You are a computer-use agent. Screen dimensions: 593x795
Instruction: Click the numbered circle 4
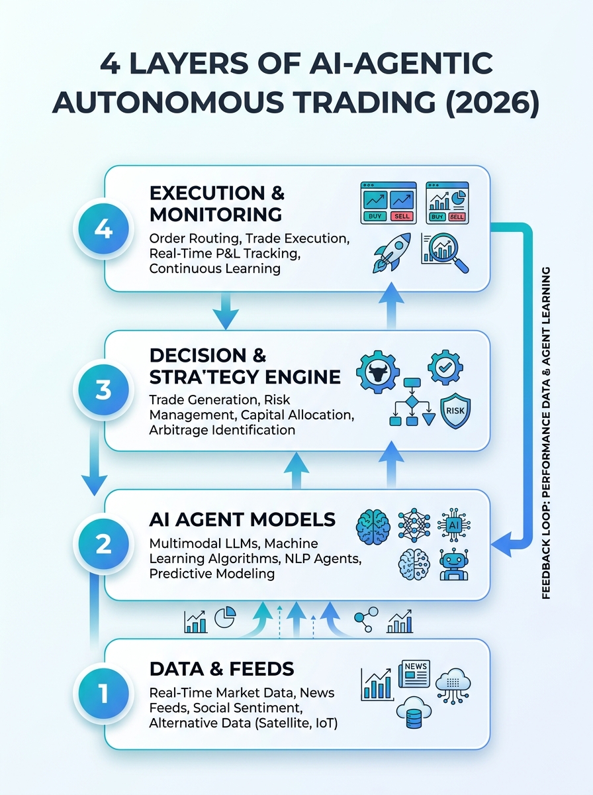(x=103, y=229)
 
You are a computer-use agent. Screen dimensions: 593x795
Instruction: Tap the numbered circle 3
(x=103, y=390)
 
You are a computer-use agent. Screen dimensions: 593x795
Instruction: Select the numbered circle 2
(x=103, y=544)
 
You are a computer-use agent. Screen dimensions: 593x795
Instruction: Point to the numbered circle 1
(x=103, y=693)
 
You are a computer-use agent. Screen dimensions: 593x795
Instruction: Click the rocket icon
(x=392, y=252)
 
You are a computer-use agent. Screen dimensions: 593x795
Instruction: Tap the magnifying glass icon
(x=446, y=252)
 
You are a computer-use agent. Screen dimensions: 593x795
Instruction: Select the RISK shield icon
(x=455, y=411)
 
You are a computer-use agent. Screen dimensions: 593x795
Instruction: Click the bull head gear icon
(x=378, y=372)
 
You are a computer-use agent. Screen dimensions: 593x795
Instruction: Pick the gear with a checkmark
(x=445, y=367)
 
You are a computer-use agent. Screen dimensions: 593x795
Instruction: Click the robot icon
(x=454, y=564)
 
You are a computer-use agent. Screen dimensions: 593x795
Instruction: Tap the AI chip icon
(x=454, y=525)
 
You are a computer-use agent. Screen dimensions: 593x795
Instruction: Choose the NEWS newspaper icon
(x=414, y=674)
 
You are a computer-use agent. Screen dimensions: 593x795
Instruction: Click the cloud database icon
(x=414, y=712)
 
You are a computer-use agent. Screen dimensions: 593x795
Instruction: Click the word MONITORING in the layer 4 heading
(x=216, y=215)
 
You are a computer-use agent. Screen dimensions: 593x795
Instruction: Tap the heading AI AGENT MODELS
(x=242, y=519)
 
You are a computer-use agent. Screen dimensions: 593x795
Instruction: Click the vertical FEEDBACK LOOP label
(x=546, y=433)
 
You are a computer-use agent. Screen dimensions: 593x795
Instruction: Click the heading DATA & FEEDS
(x=222, y=668)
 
